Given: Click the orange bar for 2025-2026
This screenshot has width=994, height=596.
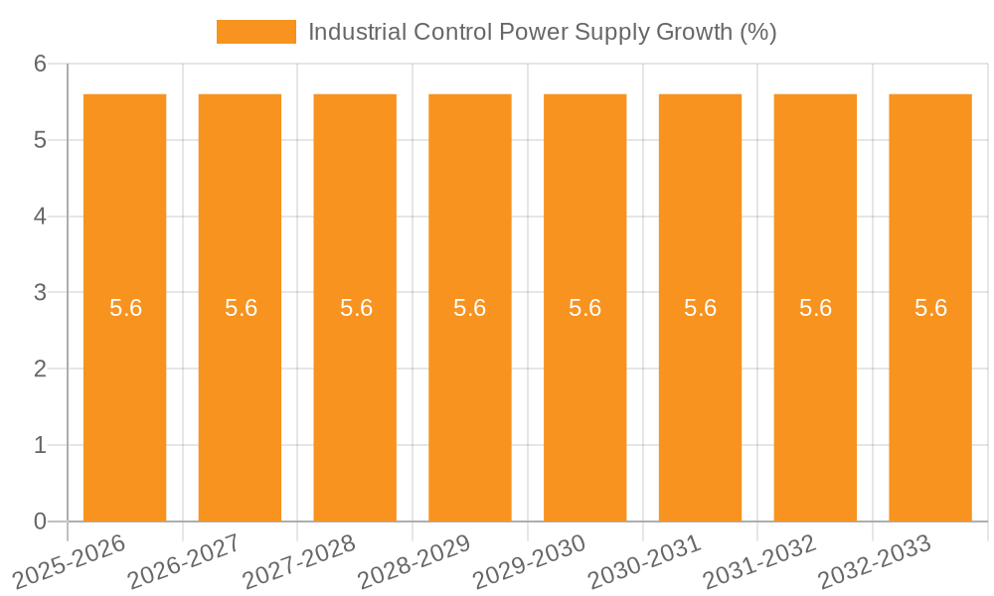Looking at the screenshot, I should pos(124,397).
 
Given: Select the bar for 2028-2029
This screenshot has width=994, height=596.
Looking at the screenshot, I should pos(469,397).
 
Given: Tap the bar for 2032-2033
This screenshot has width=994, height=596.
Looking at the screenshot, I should pos(930,397).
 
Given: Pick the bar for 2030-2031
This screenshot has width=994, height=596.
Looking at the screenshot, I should pos(700,397).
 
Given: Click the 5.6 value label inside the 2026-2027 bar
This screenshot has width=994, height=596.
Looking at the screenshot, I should pos(241,308).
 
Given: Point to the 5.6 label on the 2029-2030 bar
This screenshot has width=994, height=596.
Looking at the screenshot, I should pos(584,308).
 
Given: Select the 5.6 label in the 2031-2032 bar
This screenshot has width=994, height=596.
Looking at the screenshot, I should pos(815,308).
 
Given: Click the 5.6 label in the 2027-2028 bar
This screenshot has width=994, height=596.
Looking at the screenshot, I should pos(356,308).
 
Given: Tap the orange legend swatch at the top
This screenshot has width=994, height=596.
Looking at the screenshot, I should pos(255,32).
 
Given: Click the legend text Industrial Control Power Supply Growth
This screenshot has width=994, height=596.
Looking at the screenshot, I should pos(542,32).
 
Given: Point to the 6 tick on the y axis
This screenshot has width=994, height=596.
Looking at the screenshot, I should pos(40,64).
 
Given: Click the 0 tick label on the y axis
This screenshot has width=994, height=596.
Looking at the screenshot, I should pos(40,521).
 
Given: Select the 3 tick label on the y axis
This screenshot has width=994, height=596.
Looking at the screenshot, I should pos(40,293).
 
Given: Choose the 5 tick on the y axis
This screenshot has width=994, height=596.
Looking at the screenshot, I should pos(40,140).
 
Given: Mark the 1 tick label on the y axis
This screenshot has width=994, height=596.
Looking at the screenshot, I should pos(40,445).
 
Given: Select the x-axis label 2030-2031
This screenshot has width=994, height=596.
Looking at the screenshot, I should pos(646,561).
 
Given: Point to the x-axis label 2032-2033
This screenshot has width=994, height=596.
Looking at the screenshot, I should pos(876,561).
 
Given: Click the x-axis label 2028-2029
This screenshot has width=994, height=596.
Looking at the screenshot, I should pos(415,561).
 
